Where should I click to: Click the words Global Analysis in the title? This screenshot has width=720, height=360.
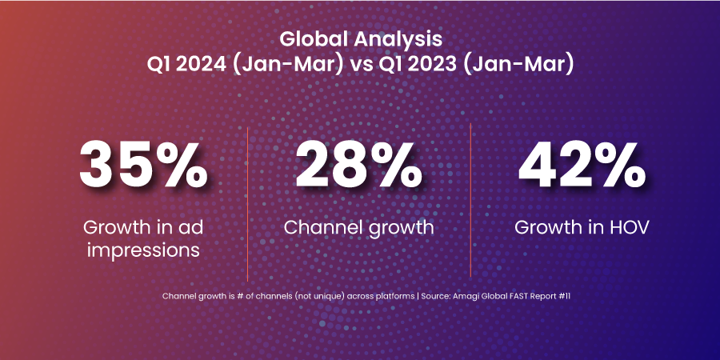coord(360,38)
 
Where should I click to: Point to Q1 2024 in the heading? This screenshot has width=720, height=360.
coord(186,64)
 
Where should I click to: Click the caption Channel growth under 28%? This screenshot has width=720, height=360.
coord(359,227)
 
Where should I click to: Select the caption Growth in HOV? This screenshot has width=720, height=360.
coord(582,227)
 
